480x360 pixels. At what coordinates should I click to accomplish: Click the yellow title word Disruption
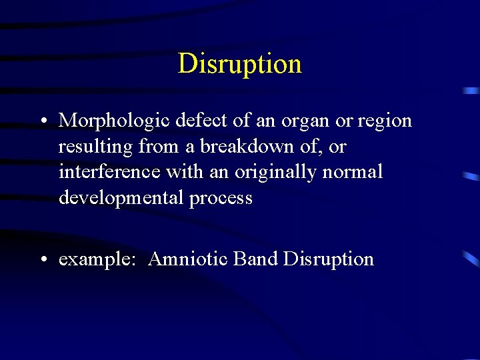(x=239, y=64)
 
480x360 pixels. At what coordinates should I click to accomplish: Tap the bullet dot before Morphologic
(x=42, y=121)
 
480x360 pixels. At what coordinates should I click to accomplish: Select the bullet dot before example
(x=42, y=259)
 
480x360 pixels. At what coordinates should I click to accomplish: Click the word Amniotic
(x=189, y=259)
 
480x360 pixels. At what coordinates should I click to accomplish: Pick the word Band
(x=255, y=259)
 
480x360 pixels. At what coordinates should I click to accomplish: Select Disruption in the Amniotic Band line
(x=328, y=259)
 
